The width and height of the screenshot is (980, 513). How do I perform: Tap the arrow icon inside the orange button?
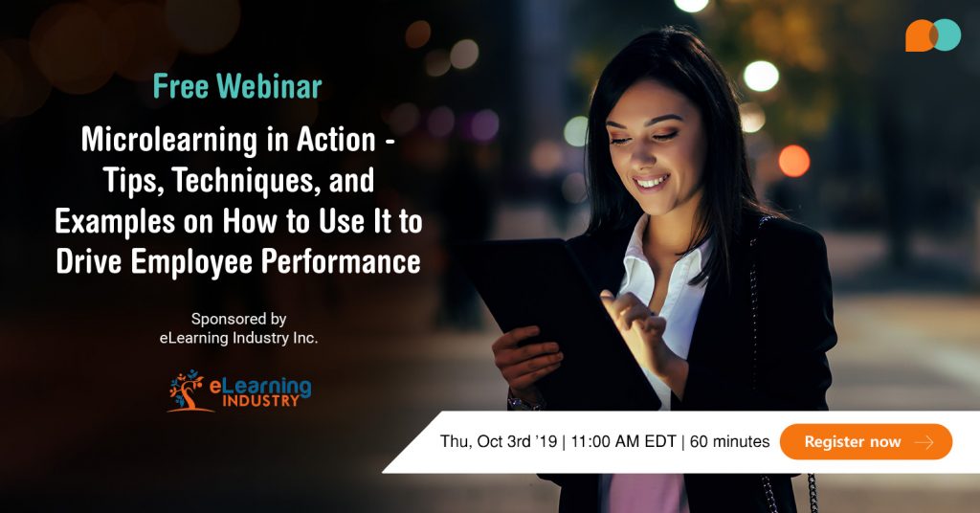click(x=924, y=442)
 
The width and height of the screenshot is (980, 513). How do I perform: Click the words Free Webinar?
click(x=237, y=87)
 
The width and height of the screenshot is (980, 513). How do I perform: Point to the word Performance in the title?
click(x=345, y=261)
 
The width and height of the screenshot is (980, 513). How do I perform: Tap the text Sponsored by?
click(x=238, y=319)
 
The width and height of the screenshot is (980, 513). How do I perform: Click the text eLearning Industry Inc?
click(x=238, y=338)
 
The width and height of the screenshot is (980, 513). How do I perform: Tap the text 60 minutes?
click(x=729, y=441)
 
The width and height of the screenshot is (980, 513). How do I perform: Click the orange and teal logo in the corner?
click(x=932, y=35)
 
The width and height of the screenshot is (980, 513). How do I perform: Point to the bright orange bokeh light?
click(x=793, y=160)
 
